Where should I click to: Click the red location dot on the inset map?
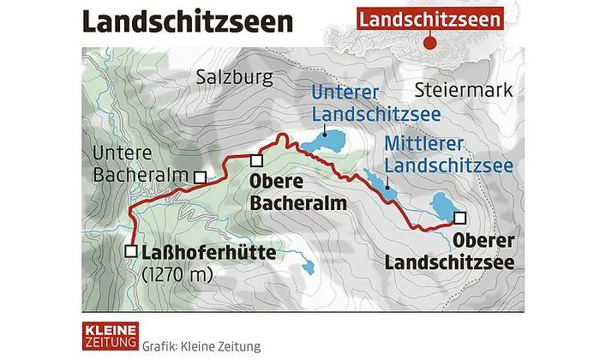click(x=434, y=44)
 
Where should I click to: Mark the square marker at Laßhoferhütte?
click(x=131, y=251)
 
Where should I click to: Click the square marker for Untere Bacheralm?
click(x=199, y=177)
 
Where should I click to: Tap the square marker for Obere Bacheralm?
click(x=255, y=160)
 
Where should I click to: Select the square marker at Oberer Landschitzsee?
click(x=461, y=217)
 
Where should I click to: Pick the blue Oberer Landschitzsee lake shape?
click(x=443, y=207)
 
